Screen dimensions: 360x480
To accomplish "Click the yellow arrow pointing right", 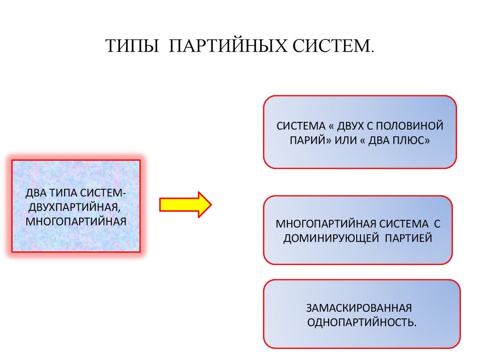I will pyautogui.click(x=186, y=204).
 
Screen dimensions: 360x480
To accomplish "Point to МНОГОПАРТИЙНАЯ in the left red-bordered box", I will pyautogui.click(x=76, y=220).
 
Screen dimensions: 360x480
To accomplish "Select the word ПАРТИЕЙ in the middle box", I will pyautogui.click(x=408, y=238).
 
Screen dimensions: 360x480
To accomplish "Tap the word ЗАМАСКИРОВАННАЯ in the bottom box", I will pyautogui.click(x=359, y=308).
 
